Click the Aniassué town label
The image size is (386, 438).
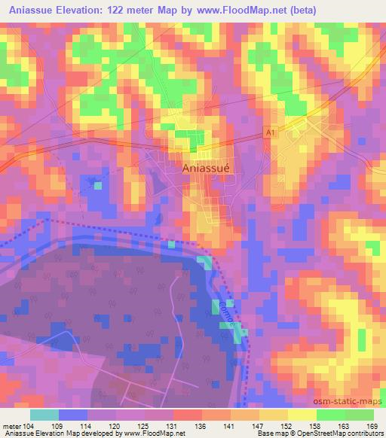tap(210, 169)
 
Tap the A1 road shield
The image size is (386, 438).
tap(269, 132)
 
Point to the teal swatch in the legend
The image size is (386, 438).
tap(44, 415)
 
